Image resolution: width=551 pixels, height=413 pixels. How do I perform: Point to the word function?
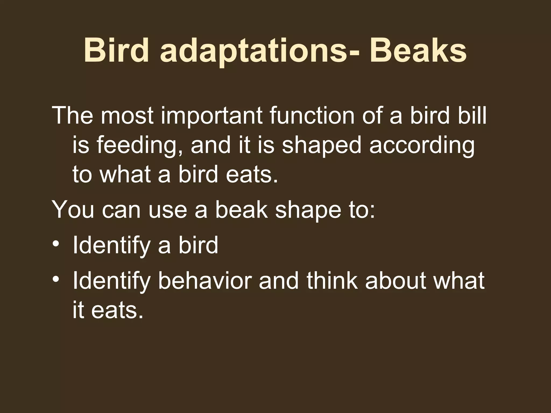pyautogui.click(x=312, y=116)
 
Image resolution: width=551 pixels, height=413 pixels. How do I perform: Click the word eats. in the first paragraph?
pyautogui.click(x=252, y=175)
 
